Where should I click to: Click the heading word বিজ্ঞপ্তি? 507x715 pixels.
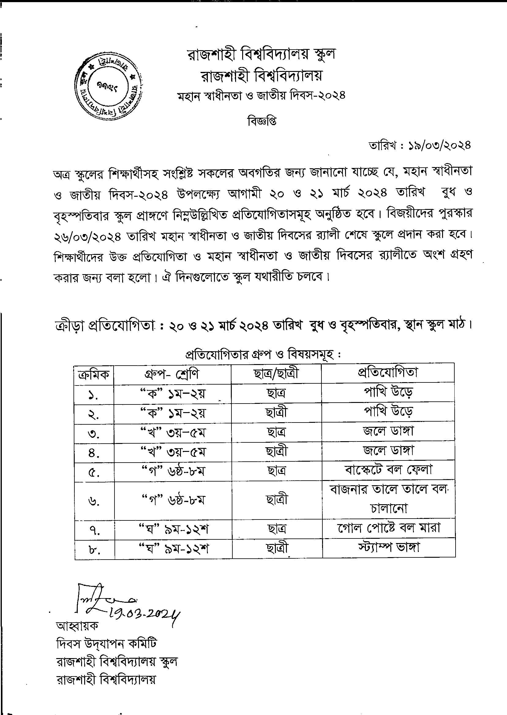click(262, 121)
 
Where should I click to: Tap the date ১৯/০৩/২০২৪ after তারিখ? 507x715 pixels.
click(440, 146)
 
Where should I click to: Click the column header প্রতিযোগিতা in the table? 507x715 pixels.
click(388, 372)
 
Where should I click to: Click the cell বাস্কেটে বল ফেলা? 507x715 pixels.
click(389, 470)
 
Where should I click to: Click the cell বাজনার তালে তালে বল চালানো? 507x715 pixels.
click(389, 499)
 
